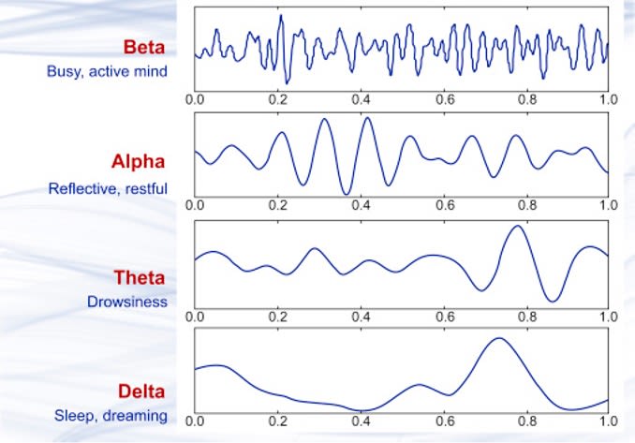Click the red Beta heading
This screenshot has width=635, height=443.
144,48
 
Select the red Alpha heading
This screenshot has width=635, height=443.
138,162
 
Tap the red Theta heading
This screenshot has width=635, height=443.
140,278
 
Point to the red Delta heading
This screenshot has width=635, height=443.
141,391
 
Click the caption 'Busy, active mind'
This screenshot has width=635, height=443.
107,72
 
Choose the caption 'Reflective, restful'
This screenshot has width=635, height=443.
108,188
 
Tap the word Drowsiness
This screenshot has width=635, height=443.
127,302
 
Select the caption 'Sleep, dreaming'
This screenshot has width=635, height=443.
111,416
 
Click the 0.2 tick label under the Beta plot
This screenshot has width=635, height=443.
278,99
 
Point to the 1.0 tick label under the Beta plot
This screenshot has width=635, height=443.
608,99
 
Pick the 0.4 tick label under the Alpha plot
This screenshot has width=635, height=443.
361,205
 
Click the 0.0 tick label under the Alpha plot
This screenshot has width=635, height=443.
195,205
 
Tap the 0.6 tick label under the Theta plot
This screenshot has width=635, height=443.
445,317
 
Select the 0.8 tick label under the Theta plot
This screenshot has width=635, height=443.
527,317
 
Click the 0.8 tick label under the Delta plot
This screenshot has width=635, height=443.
527,421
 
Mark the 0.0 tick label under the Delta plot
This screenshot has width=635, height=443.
195,421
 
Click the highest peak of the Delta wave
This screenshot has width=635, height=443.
499,338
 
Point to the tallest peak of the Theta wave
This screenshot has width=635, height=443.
518,226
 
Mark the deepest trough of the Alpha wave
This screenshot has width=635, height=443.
347,195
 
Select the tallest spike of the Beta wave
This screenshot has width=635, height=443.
281,15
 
